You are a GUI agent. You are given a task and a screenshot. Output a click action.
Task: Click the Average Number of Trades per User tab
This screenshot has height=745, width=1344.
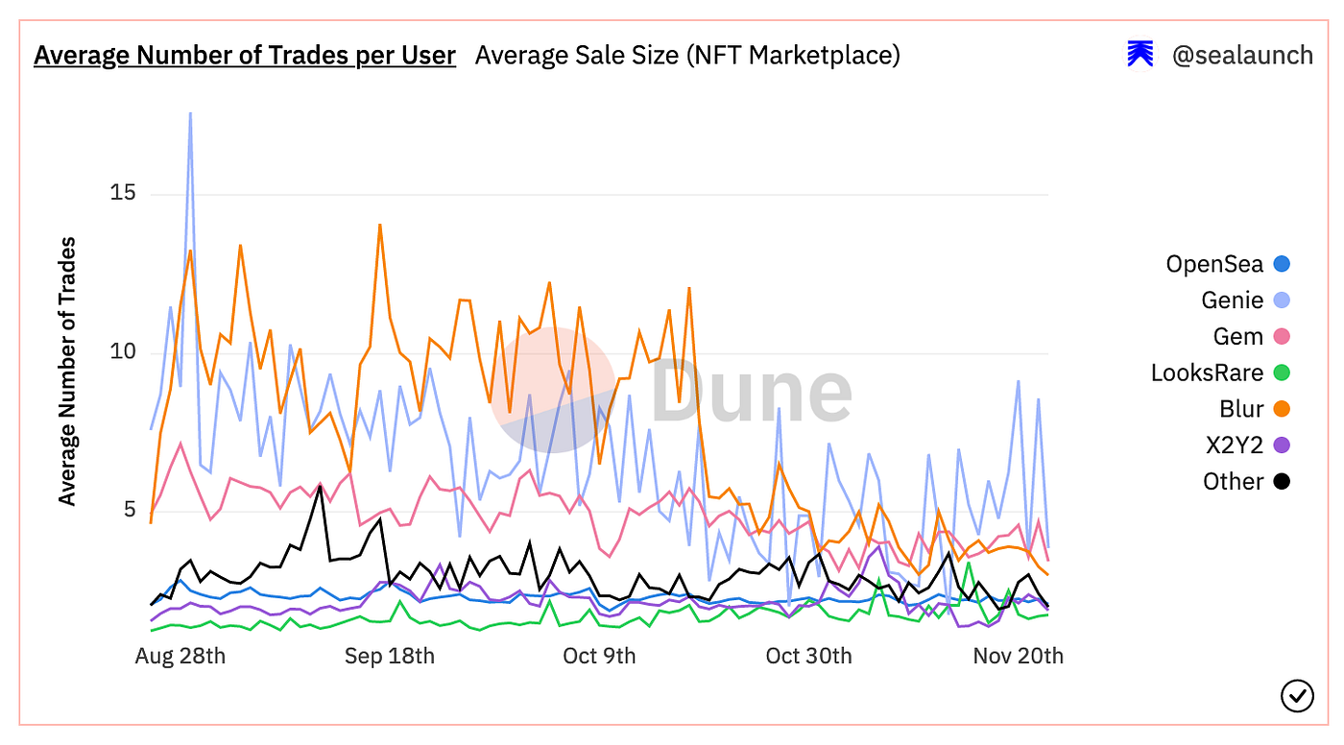244,56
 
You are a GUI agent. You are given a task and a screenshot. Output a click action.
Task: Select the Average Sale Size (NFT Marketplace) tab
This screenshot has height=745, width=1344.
687,56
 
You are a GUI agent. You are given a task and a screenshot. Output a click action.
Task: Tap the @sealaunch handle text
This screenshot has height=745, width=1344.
1242,56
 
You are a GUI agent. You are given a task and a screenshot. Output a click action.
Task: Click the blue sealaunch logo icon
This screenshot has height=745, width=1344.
1140,55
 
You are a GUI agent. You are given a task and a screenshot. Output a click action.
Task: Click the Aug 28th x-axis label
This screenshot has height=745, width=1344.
180,656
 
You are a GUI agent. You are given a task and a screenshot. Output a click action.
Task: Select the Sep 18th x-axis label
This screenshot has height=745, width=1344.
390,656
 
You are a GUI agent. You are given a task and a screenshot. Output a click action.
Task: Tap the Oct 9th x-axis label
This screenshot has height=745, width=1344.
599,656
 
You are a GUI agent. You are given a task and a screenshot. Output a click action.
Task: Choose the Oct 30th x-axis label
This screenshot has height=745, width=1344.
808,656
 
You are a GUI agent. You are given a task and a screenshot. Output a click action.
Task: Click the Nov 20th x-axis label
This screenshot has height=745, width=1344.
1018,656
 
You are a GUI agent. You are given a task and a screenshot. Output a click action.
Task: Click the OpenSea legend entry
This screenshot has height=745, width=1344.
1214,264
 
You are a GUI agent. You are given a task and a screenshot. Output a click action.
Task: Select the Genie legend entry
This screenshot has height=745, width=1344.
1232,300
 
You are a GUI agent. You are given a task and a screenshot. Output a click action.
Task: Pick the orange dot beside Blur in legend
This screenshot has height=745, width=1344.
1281,409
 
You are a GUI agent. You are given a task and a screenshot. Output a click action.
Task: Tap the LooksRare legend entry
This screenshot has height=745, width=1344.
1207,372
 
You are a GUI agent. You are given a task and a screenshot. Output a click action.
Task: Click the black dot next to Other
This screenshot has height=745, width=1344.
1281,482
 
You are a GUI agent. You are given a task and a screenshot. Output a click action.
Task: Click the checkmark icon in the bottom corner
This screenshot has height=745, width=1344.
1297,695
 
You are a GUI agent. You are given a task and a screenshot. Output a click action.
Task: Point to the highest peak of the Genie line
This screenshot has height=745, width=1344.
190,113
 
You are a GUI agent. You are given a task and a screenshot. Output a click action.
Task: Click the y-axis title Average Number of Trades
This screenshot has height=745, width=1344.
67,371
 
